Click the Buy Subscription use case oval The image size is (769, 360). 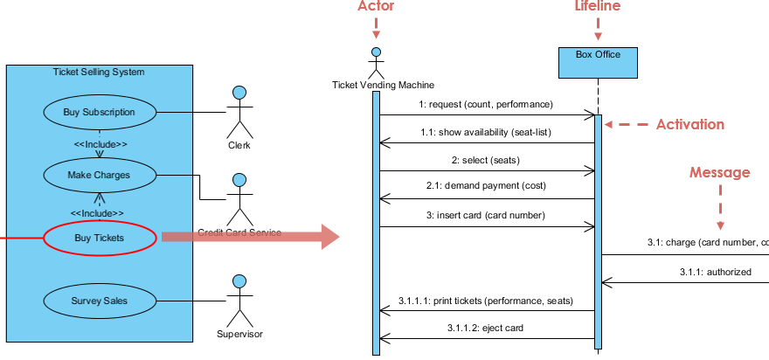coord(100,112)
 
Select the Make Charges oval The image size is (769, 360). coord(100,175)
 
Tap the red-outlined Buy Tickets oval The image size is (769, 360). coord(100,237)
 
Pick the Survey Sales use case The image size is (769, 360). coord(100,301)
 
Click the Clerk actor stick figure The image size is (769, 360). coord(239,114)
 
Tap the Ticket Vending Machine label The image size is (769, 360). coord(383,85)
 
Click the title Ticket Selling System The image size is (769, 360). coord(99,72)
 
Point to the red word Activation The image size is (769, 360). coord(690,124)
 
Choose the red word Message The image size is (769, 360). coord(720,173)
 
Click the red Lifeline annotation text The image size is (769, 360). coord(598,7)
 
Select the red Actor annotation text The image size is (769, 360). coord(377,7)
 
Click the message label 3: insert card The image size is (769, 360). coord(487,215)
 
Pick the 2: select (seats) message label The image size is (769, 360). coord(485,160)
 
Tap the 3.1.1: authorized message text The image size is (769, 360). coord(716,272)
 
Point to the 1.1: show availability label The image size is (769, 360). coord(485,132)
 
